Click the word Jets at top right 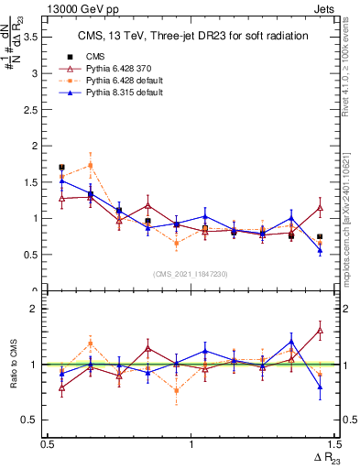coord(324,7)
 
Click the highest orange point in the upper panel coord(90,165)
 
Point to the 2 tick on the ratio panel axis coord(37,309)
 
